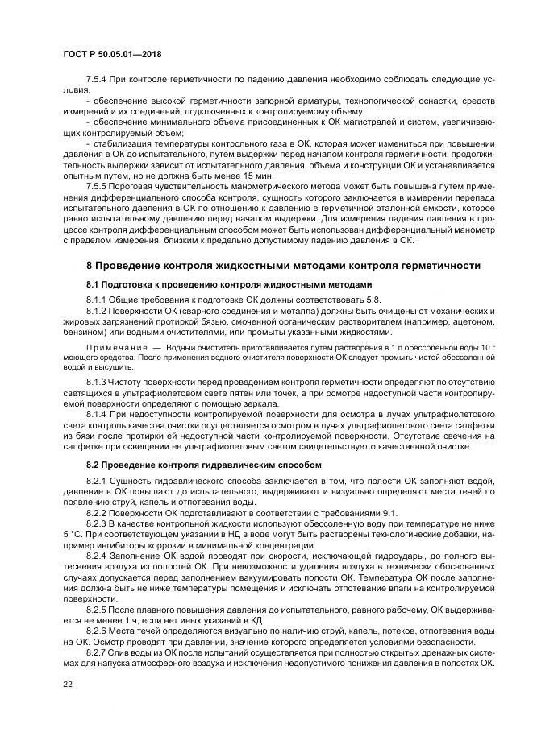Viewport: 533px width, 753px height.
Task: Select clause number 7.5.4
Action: [98, 81]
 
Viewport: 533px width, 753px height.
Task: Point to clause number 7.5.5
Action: [98, 185]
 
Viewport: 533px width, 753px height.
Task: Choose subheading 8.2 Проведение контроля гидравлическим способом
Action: [204, 465]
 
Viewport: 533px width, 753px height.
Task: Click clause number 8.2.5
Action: [98, 606]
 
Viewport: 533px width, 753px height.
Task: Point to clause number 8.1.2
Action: [98, 310]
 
